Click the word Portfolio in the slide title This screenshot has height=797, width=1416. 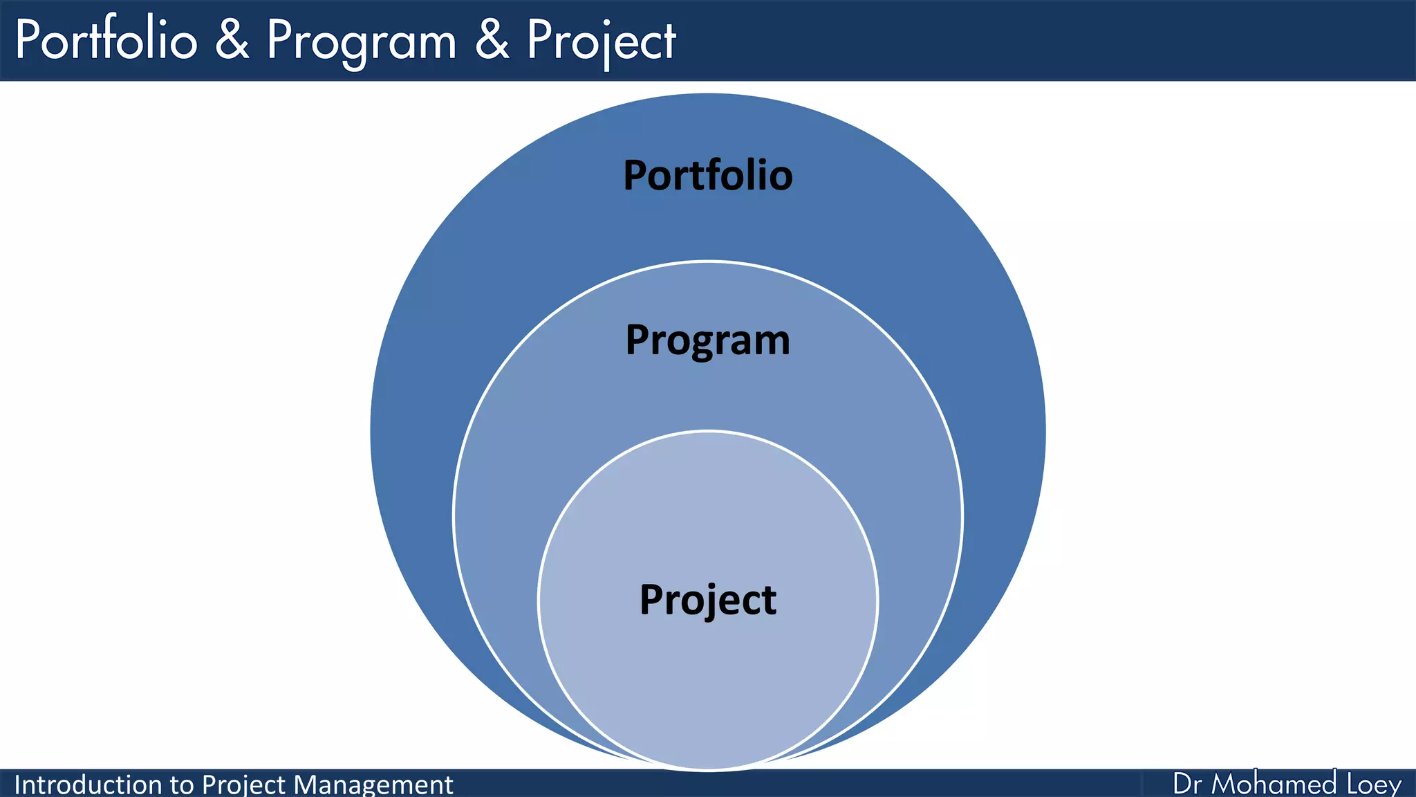coord(106,40)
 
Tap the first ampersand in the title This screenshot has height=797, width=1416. coord(232,40)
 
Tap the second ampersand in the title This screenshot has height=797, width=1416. coord(492,40)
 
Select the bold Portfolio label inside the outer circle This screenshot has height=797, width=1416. coord(707,175)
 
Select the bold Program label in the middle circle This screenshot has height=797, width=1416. coord(707,340)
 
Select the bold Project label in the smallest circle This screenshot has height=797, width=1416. coord(707,599)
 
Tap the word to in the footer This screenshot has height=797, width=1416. coord(182,785)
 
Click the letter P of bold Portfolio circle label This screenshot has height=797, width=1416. coord(636,175)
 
